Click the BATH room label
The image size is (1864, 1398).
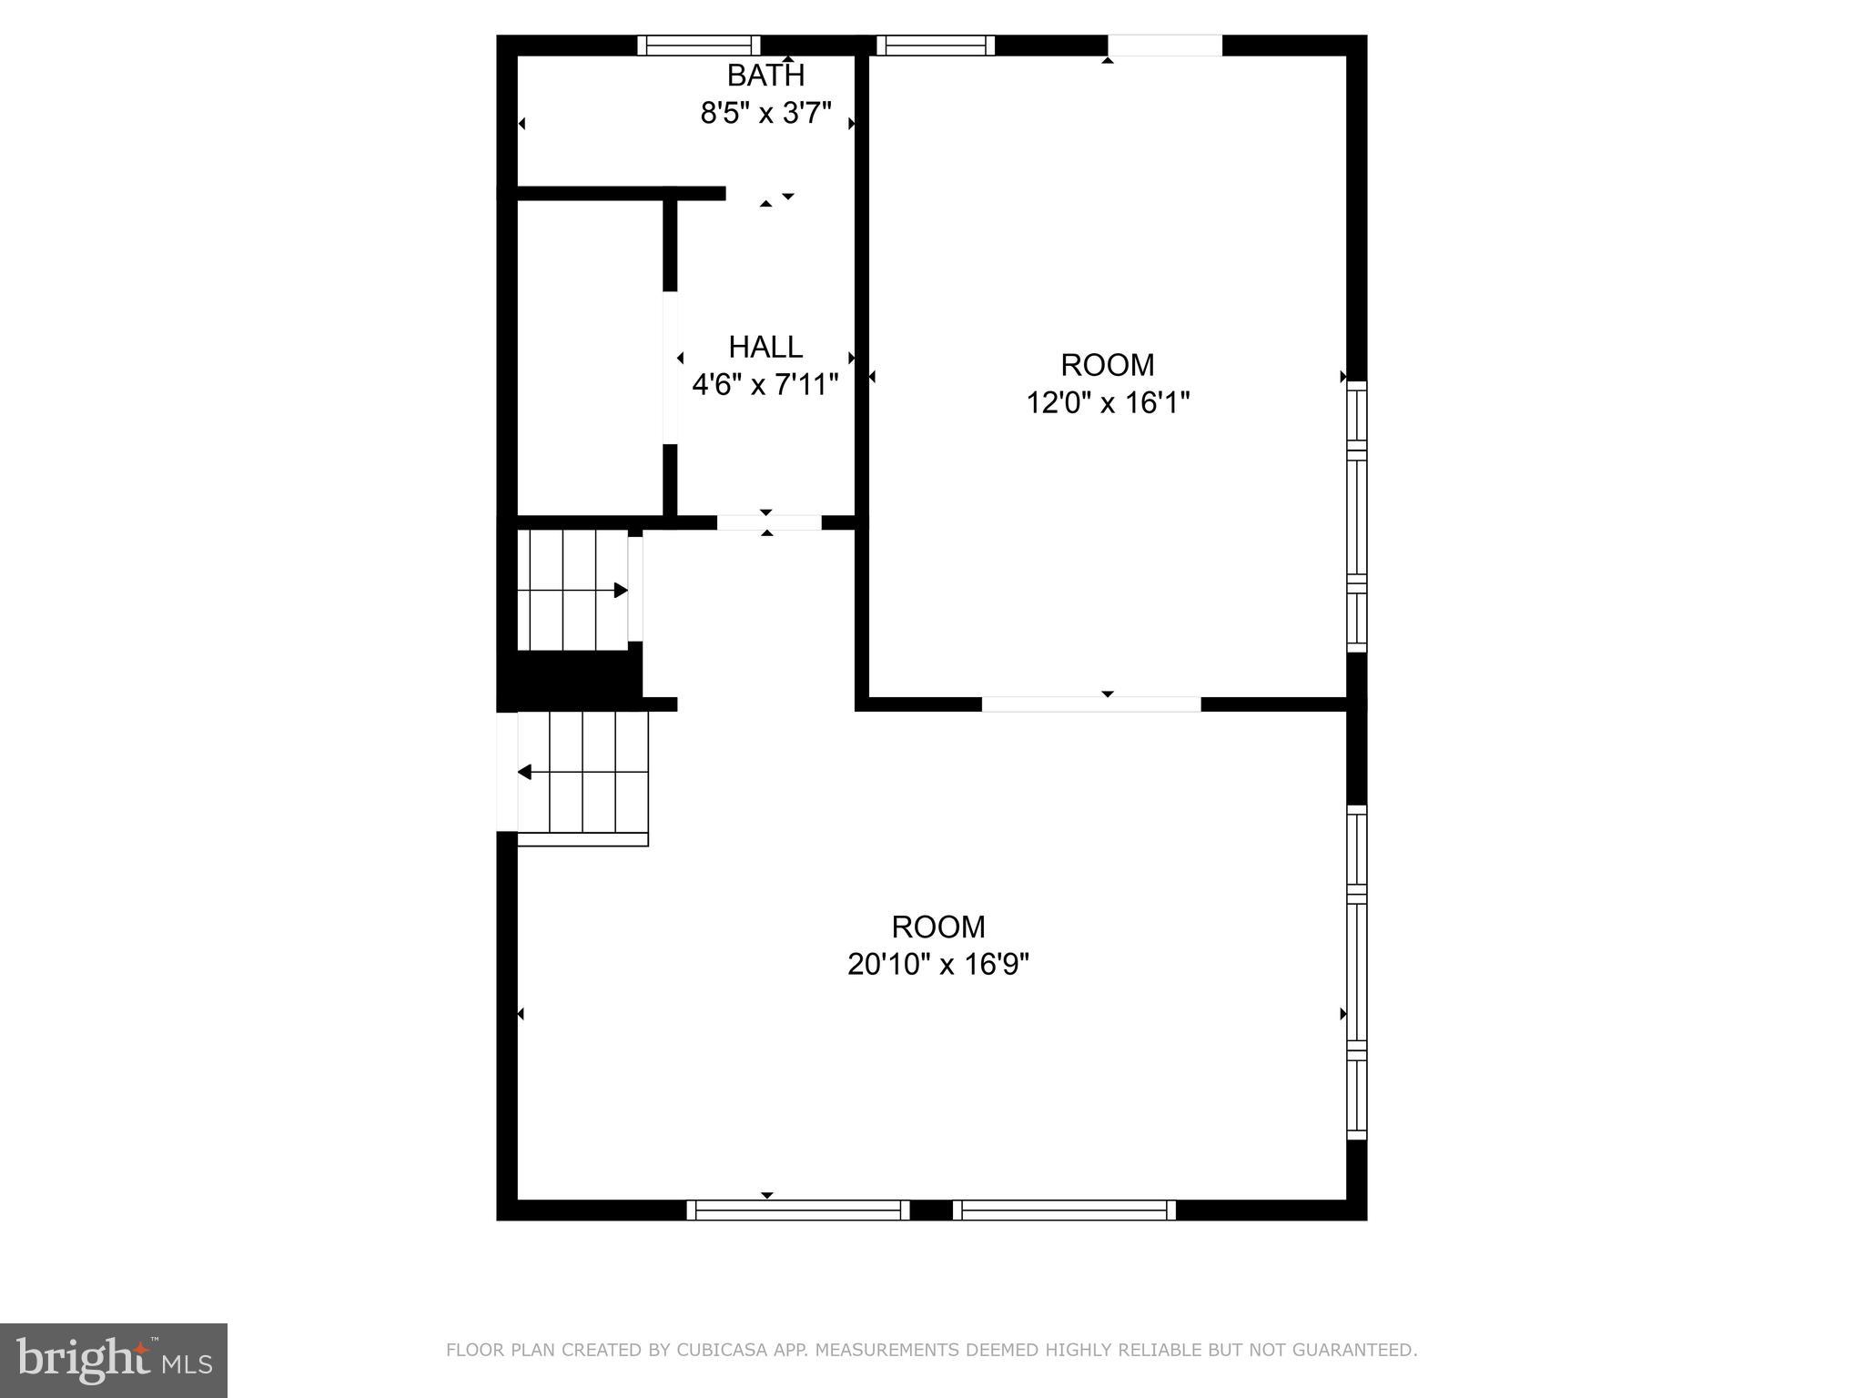pos(765,75)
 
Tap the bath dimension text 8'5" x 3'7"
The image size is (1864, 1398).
pos(765,114)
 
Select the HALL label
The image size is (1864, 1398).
pos(765,347)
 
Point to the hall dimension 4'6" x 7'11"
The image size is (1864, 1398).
pos(765,385)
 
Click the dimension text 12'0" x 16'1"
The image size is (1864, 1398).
pos(1108,402)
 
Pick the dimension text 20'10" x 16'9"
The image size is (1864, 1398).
pos(938,964)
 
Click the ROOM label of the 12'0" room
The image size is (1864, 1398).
pos(1108,365)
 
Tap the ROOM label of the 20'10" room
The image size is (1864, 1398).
pos(938,927)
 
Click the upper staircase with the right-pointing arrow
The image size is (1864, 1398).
pos(572,590)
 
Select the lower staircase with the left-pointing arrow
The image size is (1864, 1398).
pos(582,772)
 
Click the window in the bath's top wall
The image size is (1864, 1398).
pos(698,46)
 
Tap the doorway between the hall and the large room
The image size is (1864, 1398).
pos(769,522)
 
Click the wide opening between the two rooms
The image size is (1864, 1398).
pos(1090,704)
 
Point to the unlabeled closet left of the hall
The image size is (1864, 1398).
pos(590,357)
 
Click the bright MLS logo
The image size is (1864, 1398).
pos(113,1359)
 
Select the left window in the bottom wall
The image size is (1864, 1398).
pos(797,1210)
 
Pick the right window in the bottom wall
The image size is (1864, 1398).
pos(1064,1210)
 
